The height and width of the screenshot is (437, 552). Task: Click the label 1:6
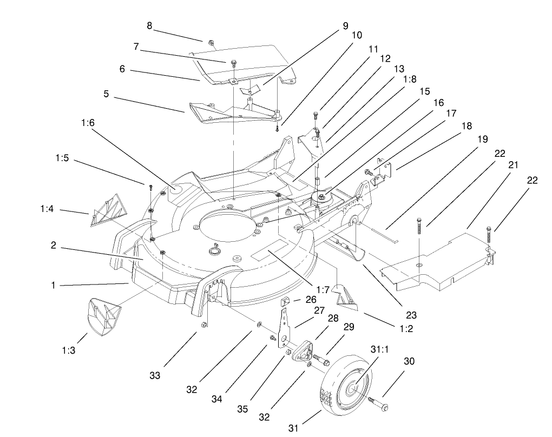click(x=88, y=123)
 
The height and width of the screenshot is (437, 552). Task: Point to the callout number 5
click(x=107, y=94)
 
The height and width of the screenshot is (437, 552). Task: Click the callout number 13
click(x=399, y=69)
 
